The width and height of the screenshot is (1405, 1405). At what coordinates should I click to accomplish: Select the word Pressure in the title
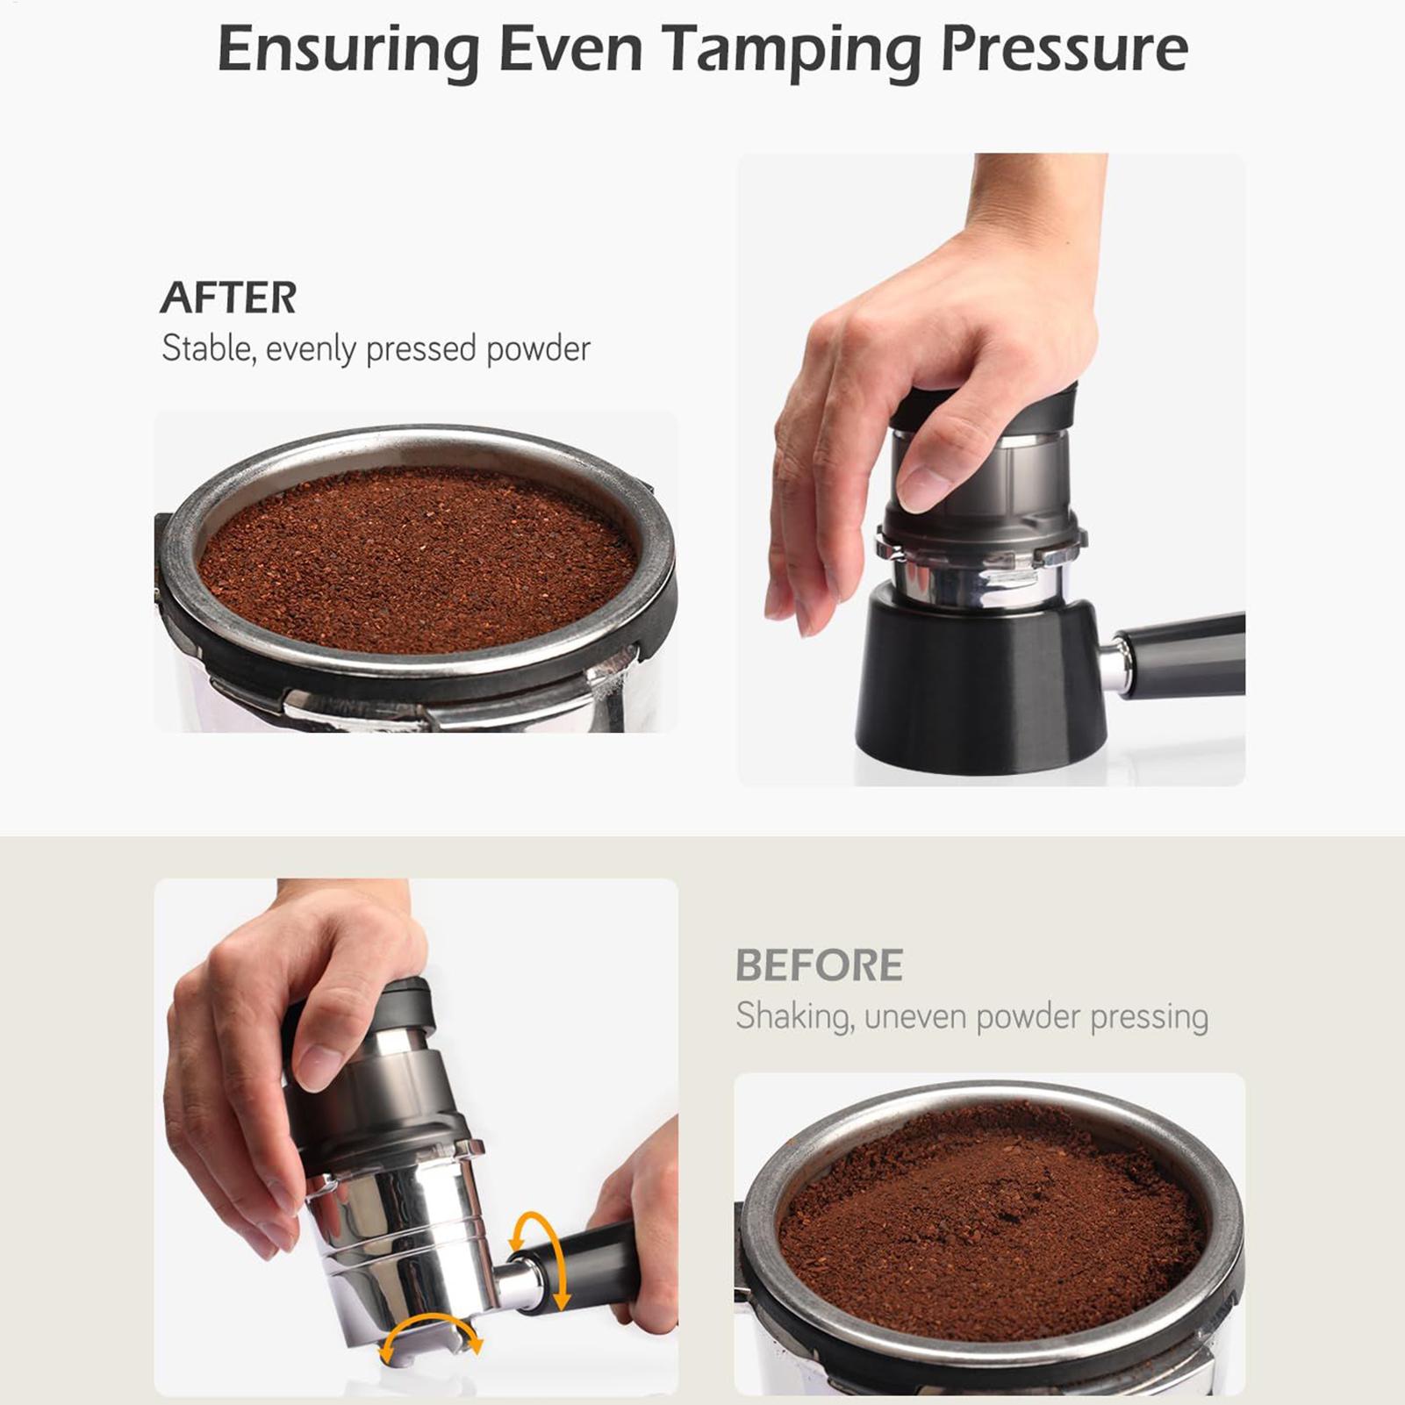pos(1065,49)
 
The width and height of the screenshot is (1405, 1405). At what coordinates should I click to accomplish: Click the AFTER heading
pos(228,297)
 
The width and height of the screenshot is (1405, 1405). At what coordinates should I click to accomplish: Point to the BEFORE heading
pos(819,965)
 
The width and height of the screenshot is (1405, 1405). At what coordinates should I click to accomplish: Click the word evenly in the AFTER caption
pos(311,350)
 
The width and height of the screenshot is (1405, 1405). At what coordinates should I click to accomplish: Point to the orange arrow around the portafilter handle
pos(540,1260)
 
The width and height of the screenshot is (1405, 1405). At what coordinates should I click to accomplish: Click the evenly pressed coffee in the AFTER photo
pos(418,560)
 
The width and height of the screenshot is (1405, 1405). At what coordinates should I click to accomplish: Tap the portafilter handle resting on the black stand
pos(1177,656)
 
